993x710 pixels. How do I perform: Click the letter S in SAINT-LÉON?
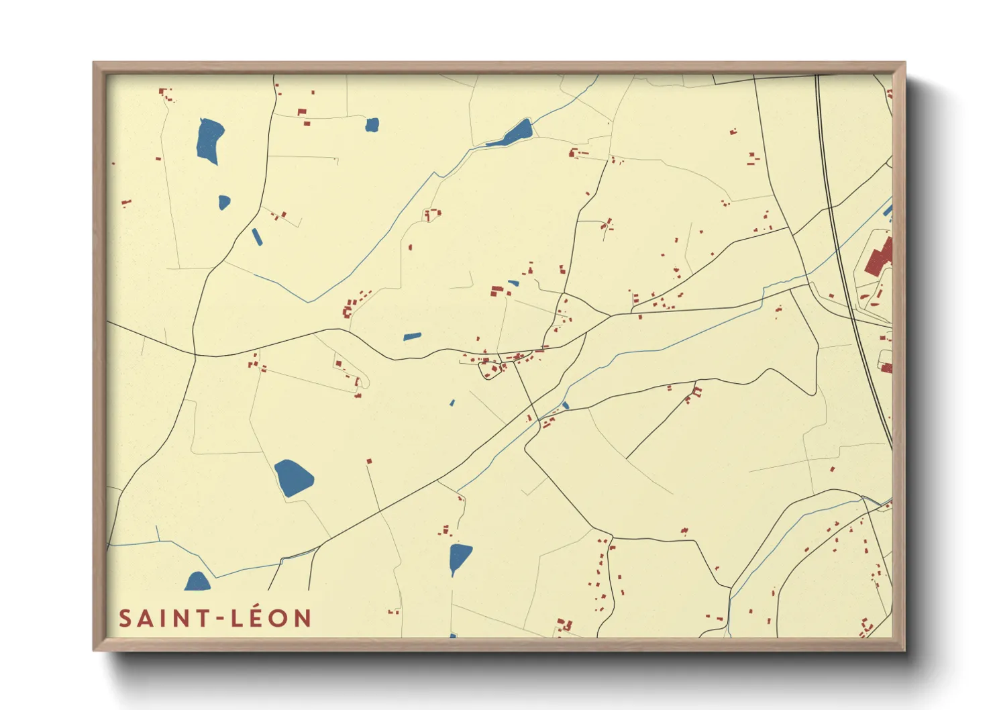tap(124, 619)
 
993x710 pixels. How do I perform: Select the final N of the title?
tap(303, 619)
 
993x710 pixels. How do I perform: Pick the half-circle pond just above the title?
tap(197, 582)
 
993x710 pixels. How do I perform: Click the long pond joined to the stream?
tap(513, 134)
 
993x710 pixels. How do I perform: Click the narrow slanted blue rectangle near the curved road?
tap(257, 237)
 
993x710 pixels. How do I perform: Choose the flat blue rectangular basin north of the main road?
tap(412, 336)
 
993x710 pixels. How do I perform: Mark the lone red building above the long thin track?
tap(368, 461)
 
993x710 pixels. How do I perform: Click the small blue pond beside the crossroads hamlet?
tap(566, 405)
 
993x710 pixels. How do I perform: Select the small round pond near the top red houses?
tap(372, 125)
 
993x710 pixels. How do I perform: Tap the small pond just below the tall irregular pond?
tap(224, 202)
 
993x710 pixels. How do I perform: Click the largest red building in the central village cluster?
tap(496, 291)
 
